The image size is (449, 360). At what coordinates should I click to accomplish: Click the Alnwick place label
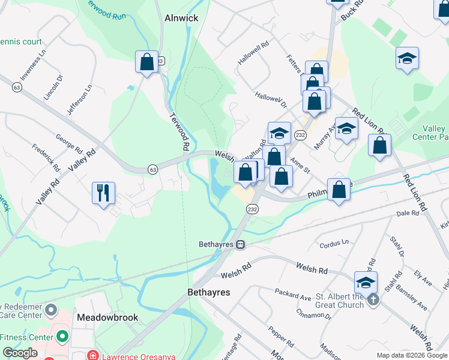[181, 18]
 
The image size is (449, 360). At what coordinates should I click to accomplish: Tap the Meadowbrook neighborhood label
[107, 317]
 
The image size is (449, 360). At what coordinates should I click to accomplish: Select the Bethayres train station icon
[240, 244]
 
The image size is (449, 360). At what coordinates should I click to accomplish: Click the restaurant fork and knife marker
[103, 193]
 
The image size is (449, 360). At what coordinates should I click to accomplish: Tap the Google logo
[20, 353]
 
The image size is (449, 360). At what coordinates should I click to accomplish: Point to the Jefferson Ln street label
[80, 100]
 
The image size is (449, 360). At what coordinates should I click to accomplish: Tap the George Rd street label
[68, 143]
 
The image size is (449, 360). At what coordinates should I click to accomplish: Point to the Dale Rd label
[407, 213]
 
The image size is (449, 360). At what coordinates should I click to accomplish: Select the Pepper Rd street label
[281, 338]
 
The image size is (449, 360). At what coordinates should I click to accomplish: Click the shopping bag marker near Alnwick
[146, 61]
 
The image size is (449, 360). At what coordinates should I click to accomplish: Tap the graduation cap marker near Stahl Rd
[366, 282]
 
